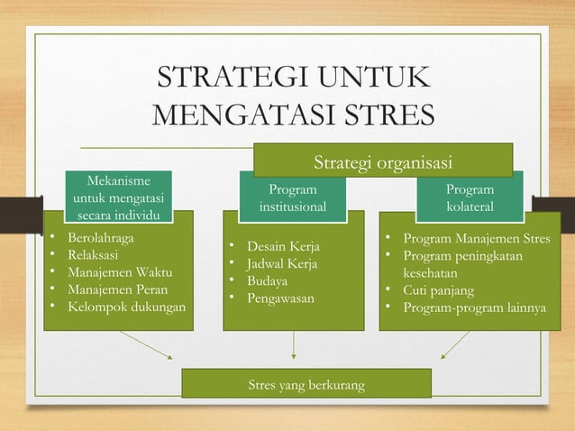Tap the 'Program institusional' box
[293, 198]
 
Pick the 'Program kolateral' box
[470, 198]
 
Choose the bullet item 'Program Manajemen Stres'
[476, 239]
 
